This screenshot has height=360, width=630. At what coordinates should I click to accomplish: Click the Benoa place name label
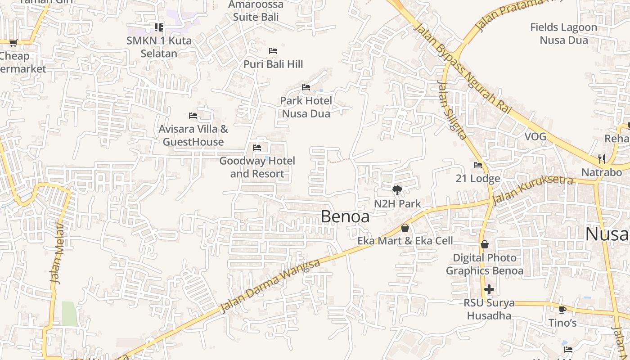[x=345, y=217]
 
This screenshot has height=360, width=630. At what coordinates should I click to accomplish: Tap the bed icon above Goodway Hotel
[x=257, y=147]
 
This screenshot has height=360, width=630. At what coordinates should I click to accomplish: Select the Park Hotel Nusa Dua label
[x=306, y=107]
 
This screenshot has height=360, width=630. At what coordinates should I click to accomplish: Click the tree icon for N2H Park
[x=397, y=190]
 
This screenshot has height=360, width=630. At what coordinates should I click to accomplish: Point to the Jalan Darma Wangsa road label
[x=270, y=286]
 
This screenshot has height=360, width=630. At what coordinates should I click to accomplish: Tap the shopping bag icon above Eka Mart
[x=405, y=228]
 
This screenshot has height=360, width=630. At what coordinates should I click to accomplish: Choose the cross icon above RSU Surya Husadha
[x=489, y=289]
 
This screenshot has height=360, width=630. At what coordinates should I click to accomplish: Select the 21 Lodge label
[x=478, y=179]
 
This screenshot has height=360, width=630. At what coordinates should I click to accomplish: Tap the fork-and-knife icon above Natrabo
[x=602, y=159]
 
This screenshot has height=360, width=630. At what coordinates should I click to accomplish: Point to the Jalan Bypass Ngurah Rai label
[x=463, y=67]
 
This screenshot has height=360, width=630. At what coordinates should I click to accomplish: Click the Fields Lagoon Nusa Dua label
[x=564, y=34]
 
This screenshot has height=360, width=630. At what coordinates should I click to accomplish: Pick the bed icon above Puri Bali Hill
[x=273, y=51]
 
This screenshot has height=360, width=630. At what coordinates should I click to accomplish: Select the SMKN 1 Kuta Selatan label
[x=159, y=47]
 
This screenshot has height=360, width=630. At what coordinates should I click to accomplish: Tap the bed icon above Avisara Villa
[x=193, y=116]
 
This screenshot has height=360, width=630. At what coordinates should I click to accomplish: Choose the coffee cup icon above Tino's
[x=562, y=309]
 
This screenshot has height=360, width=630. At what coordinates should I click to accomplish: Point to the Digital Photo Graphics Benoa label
[x=485, y=264]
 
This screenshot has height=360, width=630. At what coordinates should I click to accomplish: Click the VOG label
[x=535, y=137]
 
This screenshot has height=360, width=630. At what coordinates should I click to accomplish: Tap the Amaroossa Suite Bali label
[x=256, y=11]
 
